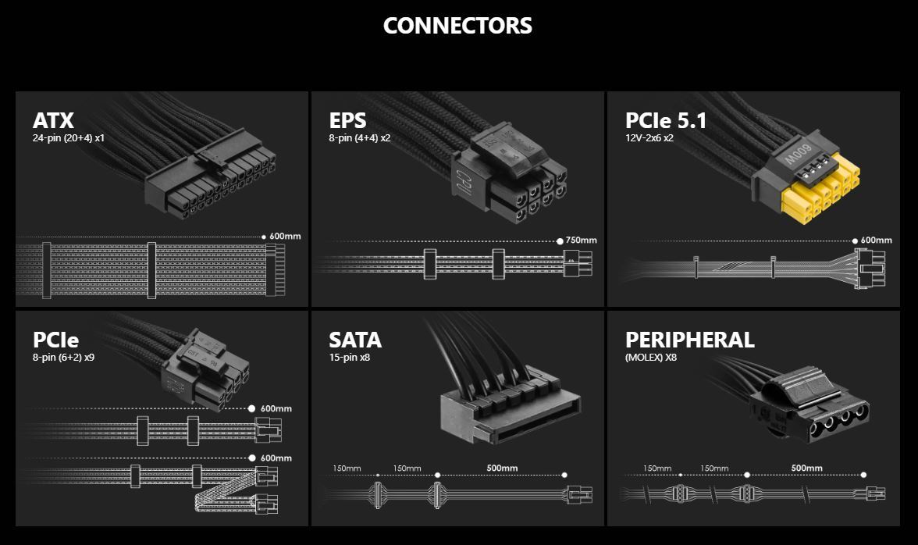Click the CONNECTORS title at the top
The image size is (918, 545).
[457, 26]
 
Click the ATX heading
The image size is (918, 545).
[53, 121]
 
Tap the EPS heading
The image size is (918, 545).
[347, 121]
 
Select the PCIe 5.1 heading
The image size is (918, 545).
[665, 121]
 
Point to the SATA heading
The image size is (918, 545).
[355, 340]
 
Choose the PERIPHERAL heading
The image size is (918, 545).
[689, 340]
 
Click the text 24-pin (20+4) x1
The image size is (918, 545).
[69, 138]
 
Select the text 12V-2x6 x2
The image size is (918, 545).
[649, 138]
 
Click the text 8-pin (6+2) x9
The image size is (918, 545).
[64, 358]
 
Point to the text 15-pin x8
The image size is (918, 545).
[349, 358]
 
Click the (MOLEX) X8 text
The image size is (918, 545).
[651, 358]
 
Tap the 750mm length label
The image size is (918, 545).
[582, 240]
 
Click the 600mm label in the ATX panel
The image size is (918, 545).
[286, 236]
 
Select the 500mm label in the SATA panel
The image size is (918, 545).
[502, 468]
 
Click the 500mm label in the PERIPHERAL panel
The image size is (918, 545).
[806, 468]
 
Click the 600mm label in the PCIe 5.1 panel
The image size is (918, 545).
[877, 240]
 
